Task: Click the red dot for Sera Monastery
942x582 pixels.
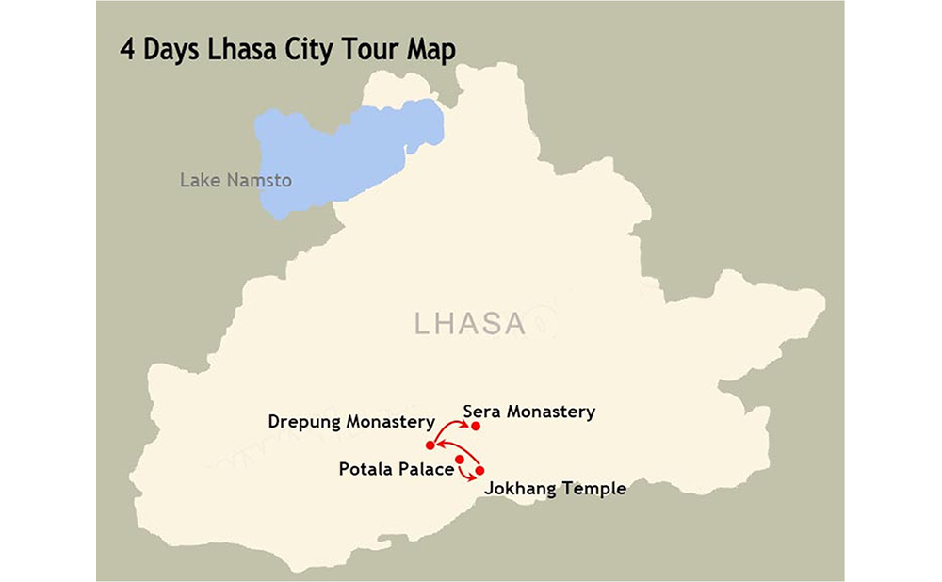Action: (x=476, y=427)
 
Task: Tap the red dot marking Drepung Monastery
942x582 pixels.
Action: (x=430, y=445)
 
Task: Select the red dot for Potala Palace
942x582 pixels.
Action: (x=459, y=460)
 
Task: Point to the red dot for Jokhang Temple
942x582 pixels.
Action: (x=479, y=470)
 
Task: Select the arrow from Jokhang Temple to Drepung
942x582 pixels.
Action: (x=458, y=445)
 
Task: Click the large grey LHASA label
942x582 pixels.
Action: (x=469, y=324)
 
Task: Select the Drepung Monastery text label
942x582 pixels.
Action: (x=351, y=422)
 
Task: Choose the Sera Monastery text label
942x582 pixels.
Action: (x=529, y=412)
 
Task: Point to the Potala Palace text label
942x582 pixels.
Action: (x=396, y=468)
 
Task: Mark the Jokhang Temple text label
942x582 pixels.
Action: (x=555, y=489)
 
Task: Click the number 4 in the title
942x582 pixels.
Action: (x=127, y=49)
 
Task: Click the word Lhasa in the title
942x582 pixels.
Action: (x=239, y=49)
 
